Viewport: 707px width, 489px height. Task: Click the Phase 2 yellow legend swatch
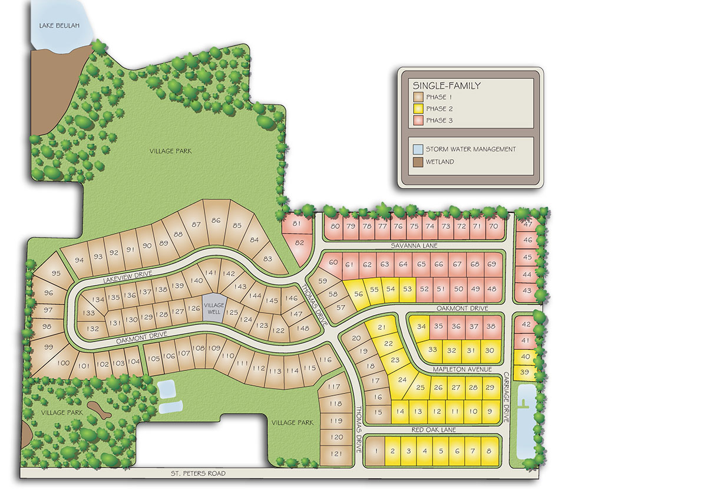click(x=418, y=109)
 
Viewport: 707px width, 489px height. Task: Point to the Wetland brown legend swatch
click(x=418, y=162)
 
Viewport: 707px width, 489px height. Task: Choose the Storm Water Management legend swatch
click(x=418, y=149)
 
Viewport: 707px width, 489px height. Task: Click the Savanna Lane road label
click(x=415, y=245)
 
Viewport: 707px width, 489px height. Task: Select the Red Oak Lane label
click(x=431, y=430)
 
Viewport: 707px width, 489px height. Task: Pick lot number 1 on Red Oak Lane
click(x=376, y=452)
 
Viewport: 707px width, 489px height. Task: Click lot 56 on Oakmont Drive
click(x=358, y=293)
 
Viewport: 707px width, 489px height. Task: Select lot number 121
click(x=337, y=454)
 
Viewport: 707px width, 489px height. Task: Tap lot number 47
click(x=527, y=224)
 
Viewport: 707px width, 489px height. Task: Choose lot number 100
click(x=64, y=363)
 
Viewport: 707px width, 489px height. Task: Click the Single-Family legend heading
click(x=447, y=86)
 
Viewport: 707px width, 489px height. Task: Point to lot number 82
click(x=299, y=243)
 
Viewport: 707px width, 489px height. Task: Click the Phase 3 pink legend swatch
click(x=418, y=120)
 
